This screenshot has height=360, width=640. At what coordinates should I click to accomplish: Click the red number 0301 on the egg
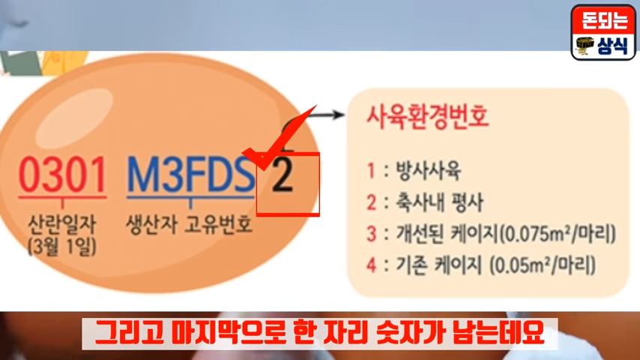[62, 175]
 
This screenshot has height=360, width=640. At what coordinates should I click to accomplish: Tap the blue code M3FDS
[190, 175]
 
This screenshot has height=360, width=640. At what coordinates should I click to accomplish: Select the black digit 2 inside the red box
[283, 175]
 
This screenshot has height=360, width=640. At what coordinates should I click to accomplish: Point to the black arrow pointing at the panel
[324, 115]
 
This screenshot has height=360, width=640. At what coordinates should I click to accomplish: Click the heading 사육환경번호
[427, 117]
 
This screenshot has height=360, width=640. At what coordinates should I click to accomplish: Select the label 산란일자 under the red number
[62, 224]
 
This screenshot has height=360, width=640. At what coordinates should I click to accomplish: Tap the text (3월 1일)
[62, 247]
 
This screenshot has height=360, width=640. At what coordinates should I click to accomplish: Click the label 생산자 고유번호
[189, 224]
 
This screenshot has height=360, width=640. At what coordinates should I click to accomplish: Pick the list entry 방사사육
[428, 171]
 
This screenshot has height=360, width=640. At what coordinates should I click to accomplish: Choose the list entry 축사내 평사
[440, 202]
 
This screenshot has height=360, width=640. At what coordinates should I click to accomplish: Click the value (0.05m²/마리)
[543, 265]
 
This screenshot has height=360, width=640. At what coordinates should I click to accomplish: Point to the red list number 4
[371, 265]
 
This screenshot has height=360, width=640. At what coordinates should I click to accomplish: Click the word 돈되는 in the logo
[604, 20]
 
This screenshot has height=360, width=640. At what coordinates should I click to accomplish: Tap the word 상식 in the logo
[612, 46]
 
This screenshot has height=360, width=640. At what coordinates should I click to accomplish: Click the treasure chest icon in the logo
[585, 45]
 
